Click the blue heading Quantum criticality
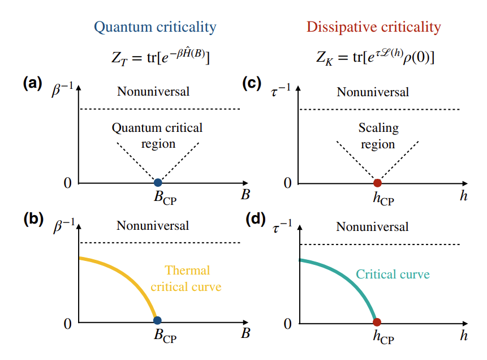tap(155, 27)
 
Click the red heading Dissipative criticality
tap(373, 27)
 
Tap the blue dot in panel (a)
tap(158, 182)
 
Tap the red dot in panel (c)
tap(377, 182)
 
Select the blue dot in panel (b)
tap(158, 322)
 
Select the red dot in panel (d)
tap(377, 322)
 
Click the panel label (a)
tap(32, 84)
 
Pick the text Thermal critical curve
tap(186, 278)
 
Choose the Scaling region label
tap(378, 136)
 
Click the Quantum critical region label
tap(157, 136)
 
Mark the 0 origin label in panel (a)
tap(67, 183)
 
